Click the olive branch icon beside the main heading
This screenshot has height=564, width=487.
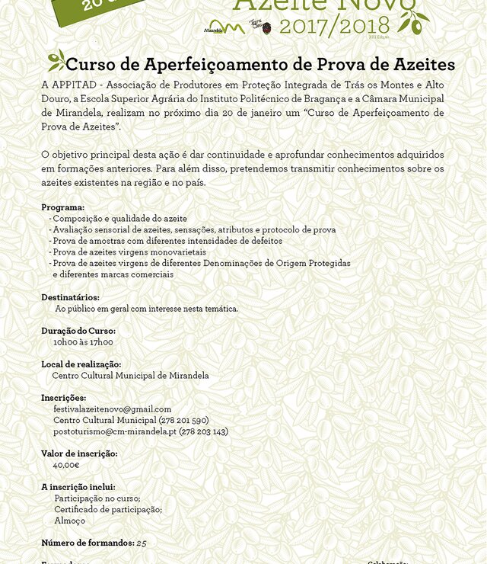point(56,59)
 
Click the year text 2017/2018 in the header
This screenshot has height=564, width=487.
point(335,27)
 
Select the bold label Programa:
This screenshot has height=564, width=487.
point(63,207)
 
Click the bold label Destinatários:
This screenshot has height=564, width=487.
point(70,297)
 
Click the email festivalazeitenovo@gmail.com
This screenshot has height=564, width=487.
point(113,409)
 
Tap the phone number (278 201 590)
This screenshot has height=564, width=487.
point(183,420)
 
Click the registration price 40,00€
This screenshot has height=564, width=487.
point(66,465)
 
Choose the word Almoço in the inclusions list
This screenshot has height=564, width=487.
point(70,521)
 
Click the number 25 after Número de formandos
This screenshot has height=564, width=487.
point(142,543)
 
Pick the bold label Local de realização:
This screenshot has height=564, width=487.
point(81,364)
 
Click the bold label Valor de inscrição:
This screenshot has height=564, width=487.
point(79,453)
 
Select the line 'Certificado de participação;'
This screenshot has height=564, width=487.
point(108,509)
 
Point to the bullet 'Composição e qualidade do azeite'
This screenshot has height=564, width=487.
point(119,219)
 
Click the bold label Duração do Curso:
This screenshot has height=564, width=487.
point(78,331)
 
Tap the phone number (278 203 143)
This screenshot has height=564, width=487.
point(203,431)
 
